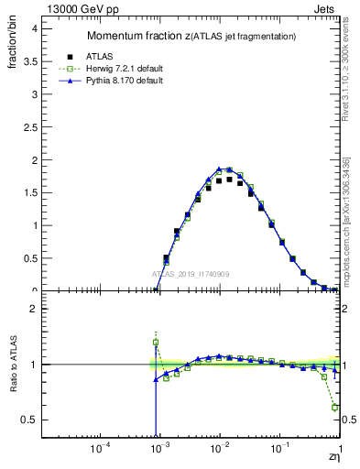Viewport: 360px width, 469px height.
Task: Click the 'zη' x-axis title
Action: pos(333,455)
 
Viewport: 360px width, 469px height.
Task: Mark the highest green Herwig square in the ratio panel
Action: pos(156,343)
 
